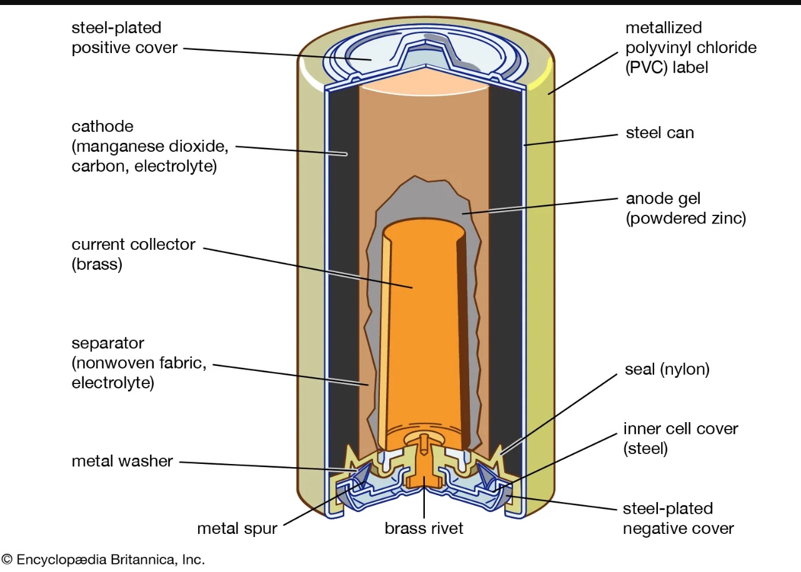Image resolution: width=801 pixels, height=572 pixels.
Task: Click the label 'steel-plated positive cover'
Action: (x=124, y=37)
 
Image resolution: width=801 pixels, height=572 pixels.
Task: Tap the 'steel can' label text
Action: (x=659, y=133)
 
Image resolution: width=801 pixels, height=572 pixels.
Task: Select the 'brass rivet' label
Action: (x=424, y=529)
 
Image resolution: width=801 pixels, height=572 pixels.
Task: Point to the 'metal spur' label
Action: (x=237, y=529)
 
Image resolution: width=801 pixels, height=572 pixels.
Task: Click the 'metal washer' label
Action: (x=122, y=461)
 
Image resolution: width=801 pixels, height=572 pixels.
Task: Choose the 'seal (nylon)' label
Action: (x=667, y=370)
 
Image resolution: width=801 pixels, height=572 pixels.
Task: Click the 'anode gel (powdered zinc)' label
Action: (x=685, y=209)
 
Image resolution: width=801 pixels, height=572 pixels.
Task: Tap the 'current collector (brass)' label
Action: (x=133, y=254)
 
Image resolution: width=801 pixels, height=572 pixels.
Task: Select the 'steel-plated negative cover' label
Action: (x=678, y=519)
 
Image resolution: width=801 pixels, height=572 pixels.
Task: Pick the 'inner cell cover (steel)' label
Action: (x=672, y=438)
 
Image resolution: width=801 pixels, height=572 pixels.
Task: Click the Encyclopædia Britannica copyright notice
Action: (x=103, y=560)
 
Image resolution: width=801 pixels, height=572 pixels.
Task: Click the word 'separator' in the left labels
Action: (x=107, y=343)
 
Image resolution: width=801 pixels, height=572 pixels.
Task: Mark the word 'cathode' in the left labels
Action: (x=102, y=127)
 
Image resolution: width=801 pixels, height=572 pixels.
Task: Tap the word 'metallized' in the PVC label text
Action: (x=664, y=28)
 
